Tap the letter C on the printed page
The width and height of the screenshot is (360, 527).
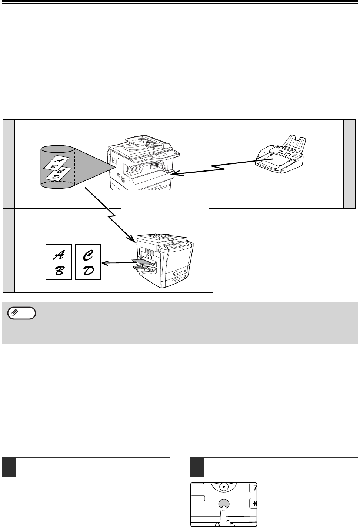tap(88, 255)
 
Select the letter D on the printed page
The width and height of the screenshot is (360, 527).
tap(88, 271)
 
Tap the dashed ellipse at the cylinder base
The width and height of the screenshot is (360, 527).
tap(57, 185)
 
